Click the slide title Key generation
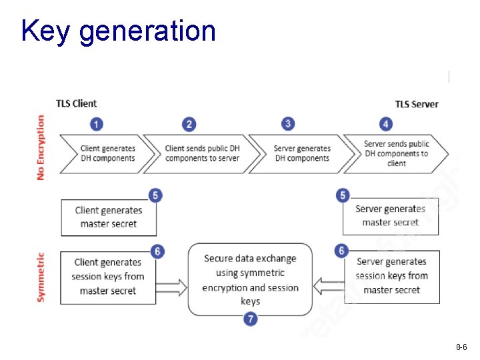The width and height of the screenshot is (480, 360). click(118, 31)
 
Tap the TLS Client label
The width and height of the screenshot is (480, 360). click(76, 103)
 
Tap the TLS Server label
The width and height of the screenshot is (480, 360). click(417, 104)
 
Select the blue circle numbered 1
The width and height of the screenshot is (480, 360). click(97, 124)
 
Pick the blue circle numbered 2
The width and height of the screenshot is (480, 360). click(189, 124)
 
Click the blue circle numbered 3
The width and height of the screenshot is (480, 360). click(288, 124)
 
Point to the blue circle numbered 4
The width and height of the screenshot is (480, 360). click(385, 124)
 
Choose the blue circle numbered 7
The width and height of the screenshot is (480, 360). click(251, 319)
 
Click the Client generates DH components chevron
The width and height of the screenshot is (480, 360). click(107, 153)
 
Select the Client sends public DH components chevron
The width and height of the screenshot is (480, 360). click(201, 153)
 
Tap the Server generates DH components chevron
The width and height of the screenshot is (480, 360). click(301, 153)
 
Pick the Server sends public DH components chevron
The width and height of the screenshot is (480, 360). click(397, 153)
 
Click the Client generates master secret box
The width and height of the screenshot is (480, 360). click(109, 217)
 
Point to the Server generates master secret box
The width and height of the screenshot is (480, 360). click(391, 216)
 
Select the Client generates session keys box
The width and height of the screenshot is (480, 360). click(109, 277)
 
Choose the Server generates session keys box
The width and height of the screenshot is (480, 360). click(391, 276)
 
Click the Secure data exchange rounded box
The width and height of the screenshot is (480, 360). click(250, 279)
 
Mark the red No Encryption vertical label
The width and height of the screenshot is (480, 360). click(41, 147)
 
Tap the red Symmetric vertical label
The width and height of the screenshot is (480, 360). click(41, 277)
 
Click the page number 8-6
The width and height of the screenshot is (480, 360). click(461, 347)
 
